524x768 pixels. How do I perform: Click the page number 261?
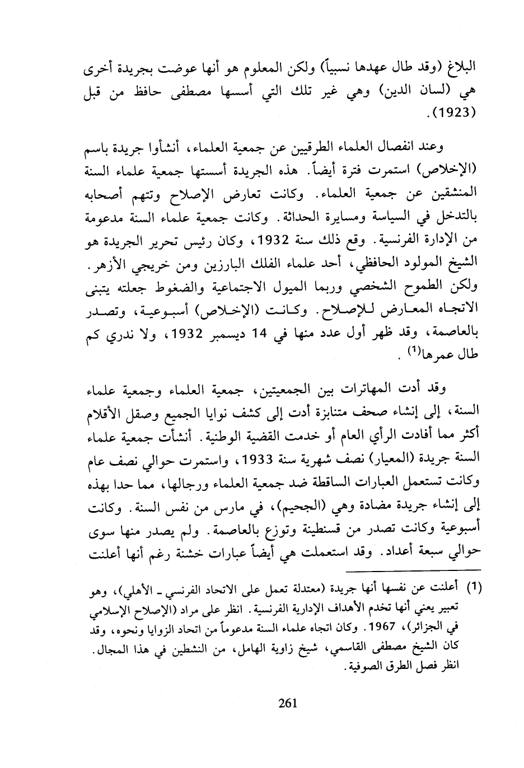[287, 703]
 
